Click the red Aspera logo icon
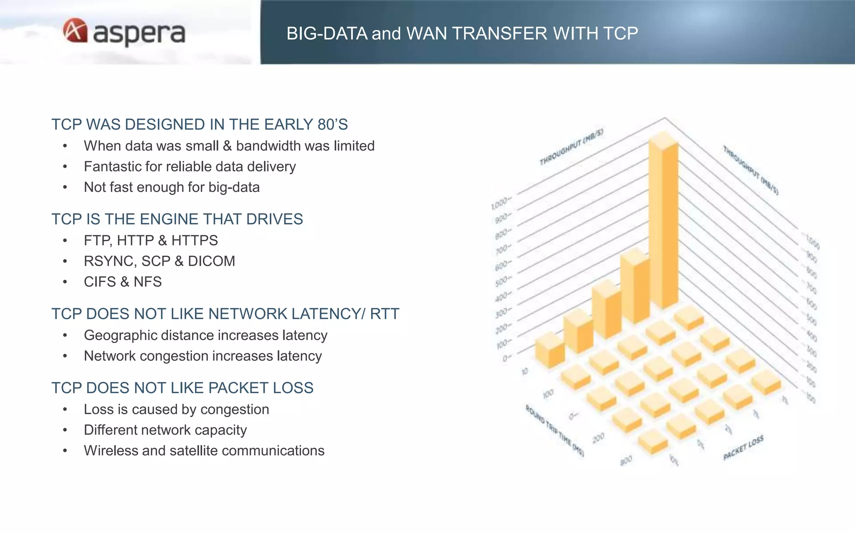(75, 30)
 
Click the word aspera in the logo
(139, 33)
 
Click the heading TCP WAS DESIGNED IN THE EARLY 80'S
(200, 124)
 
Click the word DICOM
(211, 261)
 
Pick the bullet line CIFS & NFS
(123, 282)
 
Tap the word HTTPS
(195, 240)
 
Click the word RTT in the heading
(384, 314)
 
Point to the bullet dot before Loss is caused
(65, 409)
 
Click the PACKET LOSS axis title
(743, 448)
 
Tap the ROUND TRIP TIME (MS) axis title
(554, 431)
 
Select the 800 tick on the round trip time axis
(626, 461)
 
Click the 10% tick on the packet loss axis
(674, 461)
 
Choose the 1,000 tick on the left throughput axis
(499, 204)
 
